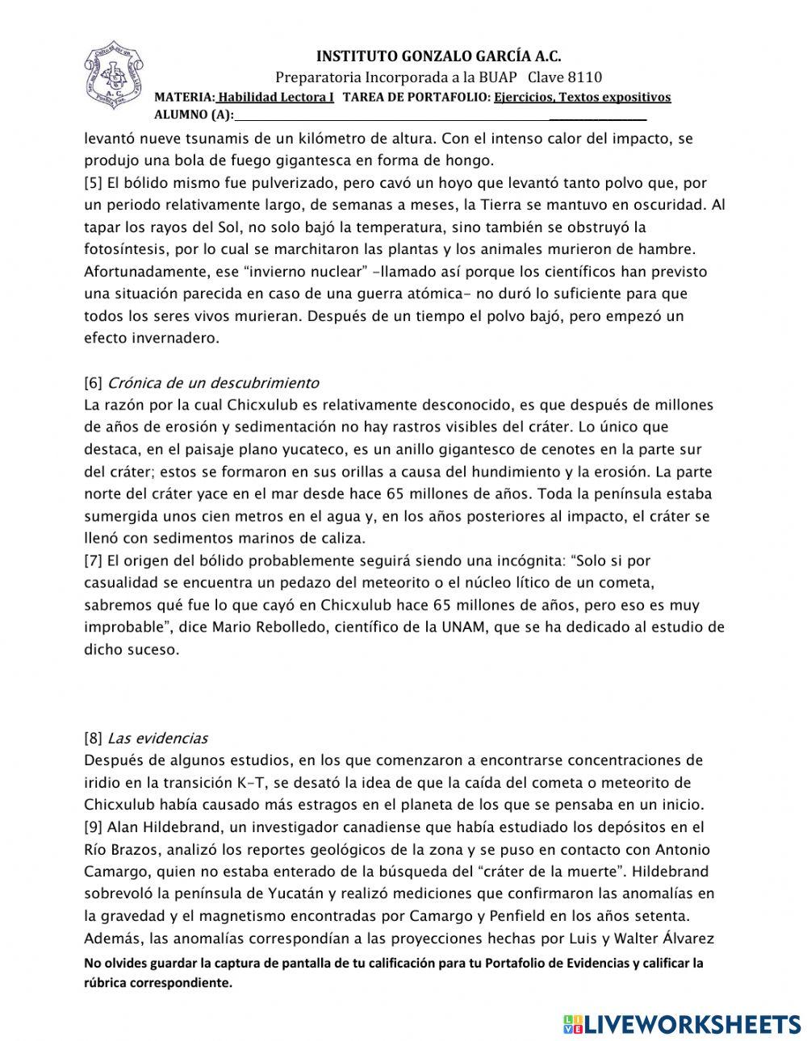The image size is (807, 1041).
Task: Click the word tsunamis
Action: [215, 139]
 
